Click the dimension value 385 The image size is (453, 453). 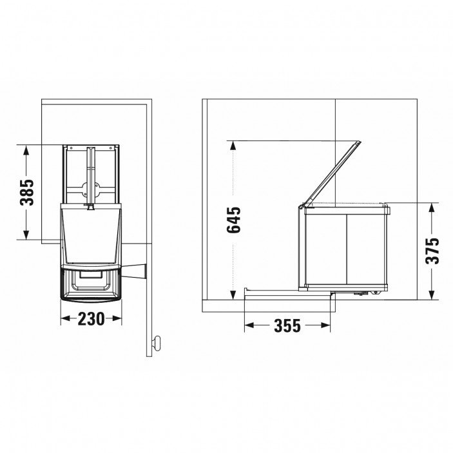[x=26, y=193]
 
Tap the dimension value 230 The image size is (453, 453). [x=91, y=319]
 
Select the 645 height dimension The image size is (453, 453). [x=233, y=220]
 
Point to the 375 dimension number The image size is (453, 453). [x=432, y=251]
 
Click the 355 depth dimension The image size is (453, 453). [x=287, y=325]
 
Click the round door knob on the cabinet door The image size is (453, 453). [x=157, y=343]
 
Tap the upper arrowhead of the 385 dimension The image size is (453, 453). [x=26, y=151]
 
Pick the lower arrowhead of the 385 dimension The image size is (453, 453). [x=26, y=233]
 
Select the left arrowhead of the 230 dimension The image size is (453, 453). [x=66, y=319]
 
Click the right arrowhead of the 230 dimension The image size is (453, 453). [x=117, y=319]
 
